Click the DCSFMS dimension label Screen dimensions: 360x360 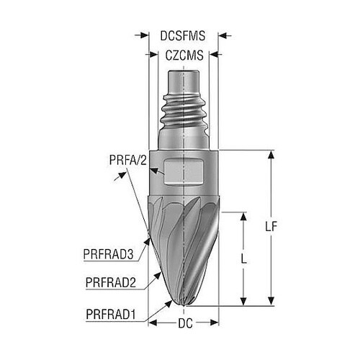(x=183, y=36)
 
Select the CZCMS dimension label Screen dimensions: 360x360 (x=184, y=55)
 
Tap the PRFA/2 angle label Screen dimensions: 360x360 (x=127, y=160)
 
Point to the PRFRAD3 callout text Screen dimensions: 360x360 (x=108, y=254)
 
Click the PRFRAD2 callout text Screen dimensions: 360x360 (x=111, y=282)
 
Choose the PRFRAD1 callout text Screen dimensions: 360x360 (x=111, y=314)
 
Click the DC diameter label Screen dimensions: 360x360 (x=185, y=323)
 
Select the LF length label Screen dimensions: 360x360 (x=271, y=226)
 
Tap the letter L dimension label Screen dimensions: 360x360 (x=244, y=258)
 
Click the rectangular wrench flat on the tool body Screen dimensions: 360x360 (x=184, y=172)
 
